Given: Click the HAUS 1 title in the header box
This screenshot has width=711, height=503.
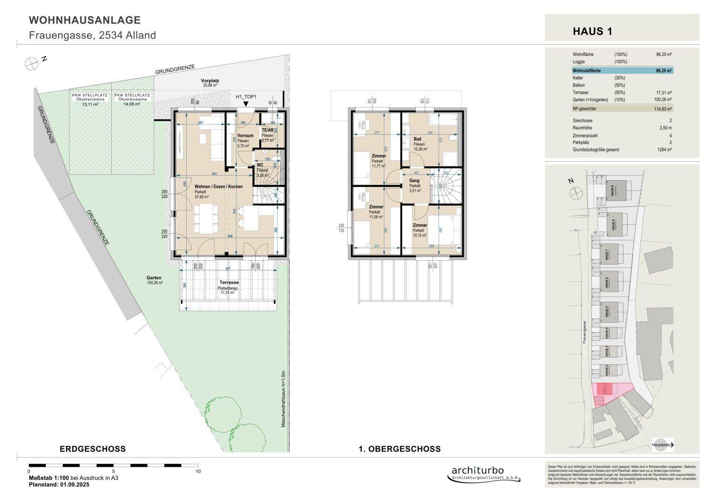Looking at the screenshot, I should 592,32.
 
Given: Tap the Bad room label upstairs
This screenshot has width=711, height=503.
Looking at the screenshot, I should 418,139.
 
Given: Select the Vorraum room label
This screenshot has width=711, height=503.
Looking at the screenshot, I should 242,136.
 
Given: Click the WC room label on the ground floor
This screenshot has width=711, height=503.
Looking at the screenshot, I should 260,165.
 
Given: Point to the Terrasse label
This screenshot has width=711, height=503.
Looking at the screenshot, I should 229,283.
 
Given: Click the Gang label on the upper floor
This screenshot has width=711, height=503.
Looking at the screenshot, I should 414,181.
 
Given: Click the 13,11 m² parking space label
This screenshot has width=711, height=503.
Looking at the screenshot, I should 90,104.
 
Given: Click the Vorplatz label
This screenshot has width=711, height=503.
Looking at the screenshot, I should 210,81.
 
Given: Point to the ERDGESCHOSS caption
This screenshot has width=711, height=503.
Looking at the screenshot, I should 93,449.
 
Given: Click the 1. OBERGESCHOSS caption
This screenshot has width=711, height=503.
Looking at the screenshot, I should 400,449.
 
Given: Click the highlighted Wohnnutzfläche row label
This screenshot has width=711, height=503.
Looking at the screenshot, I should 587,71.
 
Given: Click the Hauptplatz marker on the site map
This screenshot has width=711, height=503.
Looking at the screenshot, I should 663,445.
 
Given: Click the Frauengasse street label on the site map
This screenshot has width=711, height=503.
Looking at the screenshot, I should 583,332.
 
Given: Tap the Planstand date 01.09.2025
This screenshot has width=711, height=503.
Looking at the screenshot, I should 74,484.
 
